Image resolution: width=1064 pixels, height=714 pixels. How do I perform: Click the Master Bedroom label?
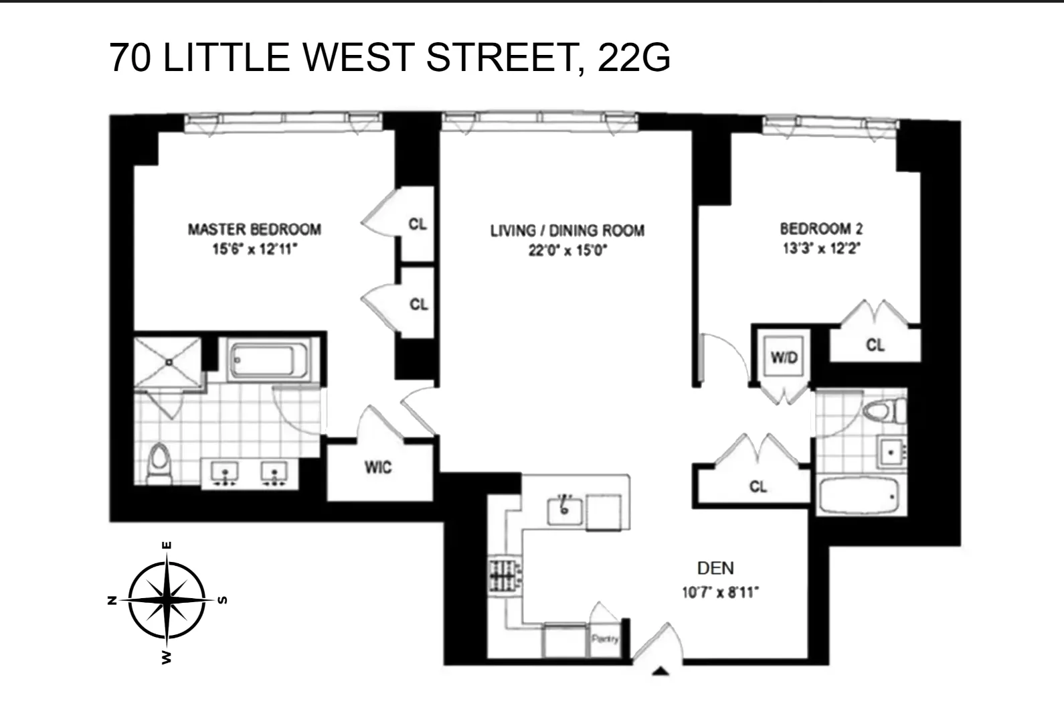pyautogui.click(x=254, y=230)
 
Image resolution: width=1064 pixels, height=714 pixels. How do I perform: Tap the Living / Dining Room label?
pyautogui.click(x=567, y=231)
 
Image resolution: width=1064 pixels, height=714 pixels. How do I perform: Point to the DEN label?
pyautogui.click(x=715, y=569)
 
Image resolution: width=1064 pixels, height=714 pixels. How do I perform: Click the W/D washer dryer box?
pyautogui.click(x=784, y=357)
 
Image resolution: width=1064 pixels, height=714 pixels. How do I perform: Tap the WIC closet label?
pyautogui.click(x=378, y=468)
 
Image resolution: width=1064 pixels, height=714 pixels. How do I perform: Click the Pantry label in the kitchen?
pyautogui.click(x=605, y=639)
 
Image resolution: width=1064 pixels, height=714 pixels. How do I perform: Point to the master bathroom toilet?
pyautogui.click(x=160, y=462)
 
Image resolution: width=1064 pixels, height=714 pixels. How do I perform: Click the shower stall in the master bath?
pyautogui.click(x=168, y=362)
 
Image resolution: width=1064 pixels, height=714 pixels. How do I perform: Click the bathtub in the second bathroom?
pyautogui.click(x=859, y=496)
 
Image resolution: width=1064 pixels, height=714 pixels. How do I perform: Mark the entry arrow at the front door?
pyautogui.click(x=660, y=671)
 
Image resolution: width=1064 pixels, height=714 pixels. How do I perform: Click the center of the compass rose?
pyautogui.click(x=167, y=599)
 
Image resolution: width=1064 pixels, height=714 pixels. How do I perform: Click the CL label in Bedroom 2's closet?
pyautogui.click(x=875, y=345)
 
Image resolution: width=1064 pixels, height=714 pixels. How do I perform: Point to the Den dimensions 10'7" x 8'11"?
pyautogui.click(x=720, y=593)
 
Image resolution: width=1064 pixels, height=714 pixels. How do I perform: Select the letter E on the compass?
pyautogui.click(x=167, y=546)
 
